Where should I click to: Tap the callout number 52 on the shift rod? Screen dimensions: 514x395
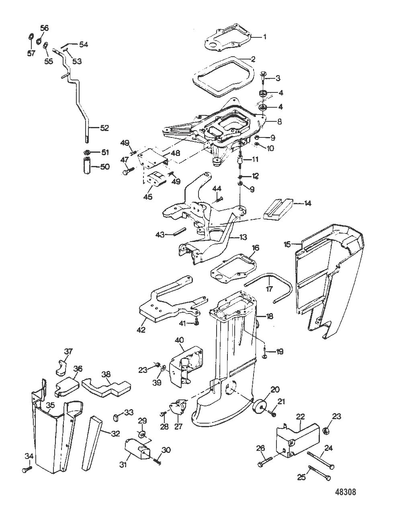tap(104, 128)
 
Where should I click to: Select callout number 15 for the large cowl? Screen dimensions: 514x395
tap(287, 244)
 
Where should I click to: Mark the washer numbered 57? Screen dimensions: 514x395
tap(31, 38)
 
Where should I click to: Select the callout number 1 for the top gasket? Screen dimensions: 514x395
tap(264, 37)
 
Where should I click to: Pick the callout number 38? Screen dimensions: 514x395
tap(106, 374)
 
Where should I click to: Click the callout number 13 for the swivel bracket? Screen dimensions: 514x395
tap(243, 237)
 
